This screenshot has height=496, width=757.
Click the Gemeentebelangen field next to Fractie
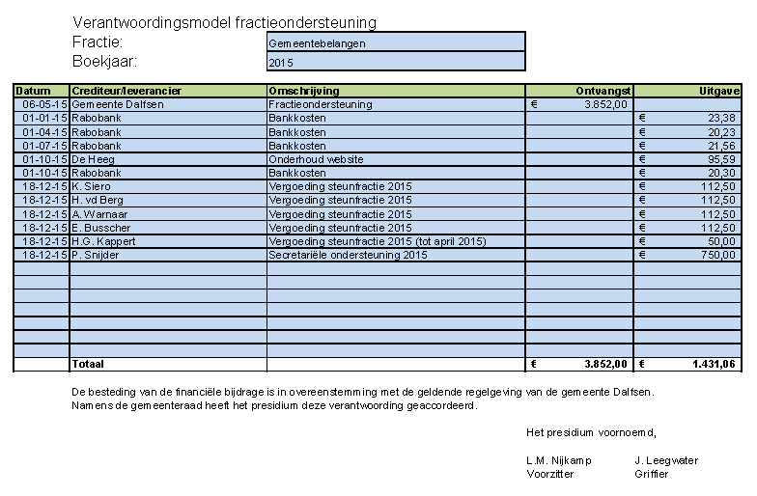pos(396,42)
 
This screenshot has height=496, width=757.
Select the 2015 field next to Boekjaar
pos(396,62)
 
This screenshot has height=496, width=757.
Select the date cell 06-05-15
pos(42,104)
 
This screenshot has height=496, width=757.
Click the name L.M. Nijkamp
pos(559,460)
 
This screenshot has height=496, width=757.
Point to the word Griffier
pos(651,474)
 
